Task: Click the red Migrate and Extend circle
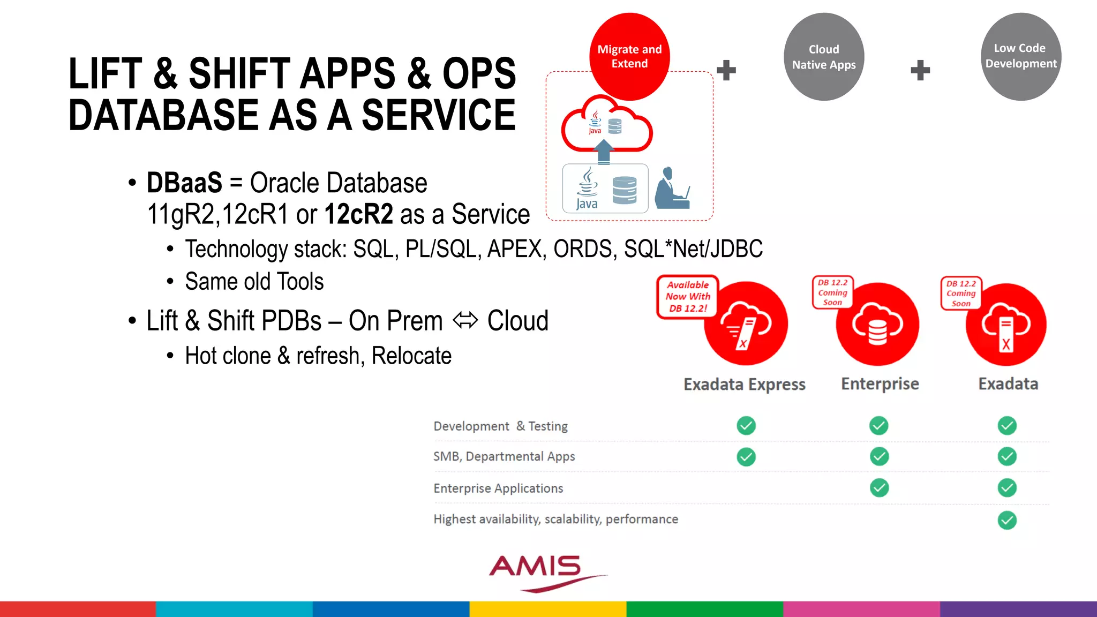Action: [x=629, y=56]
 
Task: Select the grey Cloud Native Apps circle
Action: [x=824, y=57]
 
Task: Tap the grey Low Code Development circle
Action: [x=1020, y=56]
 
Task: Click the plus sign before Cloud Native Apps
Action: [x=726, y=70]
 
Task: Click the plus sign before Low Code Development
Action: [x=920, y=70]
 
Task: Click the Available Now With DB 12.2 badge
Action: [x=688, y=297]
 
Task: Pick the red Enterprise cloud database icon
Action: [x=877, y=325]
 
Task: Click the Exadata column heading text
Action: [x=1008, y=384]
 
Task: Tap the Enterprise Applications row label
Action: [x=498, y=488]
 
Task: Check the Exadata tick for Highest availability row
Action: [x=1007, y=520]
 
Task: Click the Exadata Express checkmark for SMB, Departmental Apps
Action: [x=746, y=457]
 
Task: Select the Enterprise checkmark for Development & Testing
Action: [x=878, y=426]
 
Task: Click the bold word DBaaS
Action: [x=184, y=183]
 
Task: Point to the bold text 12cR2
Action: [x=358, y=214]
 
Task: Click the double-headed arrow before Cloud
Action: [x=465, y=321]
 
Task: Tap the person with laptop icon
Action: [x=672, y=189]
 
